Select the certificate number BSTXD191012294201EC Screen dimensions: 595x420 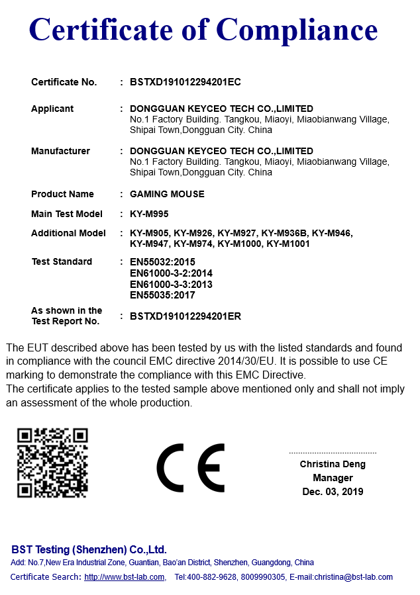[x=185, y=82]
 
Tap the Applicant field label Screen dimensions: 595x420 [x=52, y=109]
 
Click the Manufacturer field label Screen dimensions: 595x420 [x=60, y=151]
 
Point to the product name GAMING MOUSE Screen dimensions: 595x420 [x=167, y=194]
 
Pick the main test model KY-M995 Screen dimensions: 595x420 [x=150, y=214]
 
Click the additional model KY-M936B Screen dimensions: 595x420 [x=284, y=233]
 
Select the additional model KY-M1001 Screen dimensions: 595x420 [x=288, y=244]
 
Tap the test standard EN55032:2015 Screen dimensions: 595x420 [x=162, y=262]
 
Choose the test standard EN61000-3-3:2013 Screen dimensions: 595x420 [x=171, y=285]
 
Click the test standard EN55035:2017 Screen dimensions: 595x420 [x=162, y=295]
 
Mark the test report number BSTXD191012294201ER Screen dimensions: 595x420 [x=185, y=316]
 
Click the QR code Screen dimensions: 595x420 [x=52, y=463]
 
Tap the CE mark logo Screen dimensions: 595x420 [x=191, y=468]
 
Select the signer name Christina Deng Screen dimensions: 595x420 [x=333, y=464]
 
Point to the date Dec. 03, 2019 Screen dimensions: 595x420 [x=333, y=492]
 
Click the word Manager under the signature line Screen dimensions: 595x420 [x=333, y=478]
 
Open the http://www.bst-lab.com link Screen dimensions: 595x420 [x=124, y=577]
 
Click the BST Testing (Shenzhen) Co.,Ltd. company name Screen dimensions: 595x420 [x=89, y=550]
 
